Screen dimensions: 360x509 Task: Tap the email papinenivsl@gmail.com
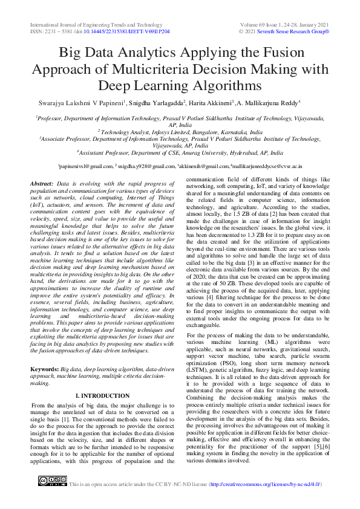83,165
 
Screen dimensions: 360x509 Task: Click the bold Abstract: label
41,183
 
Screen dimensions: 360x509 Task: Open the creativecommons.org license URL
265,484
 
